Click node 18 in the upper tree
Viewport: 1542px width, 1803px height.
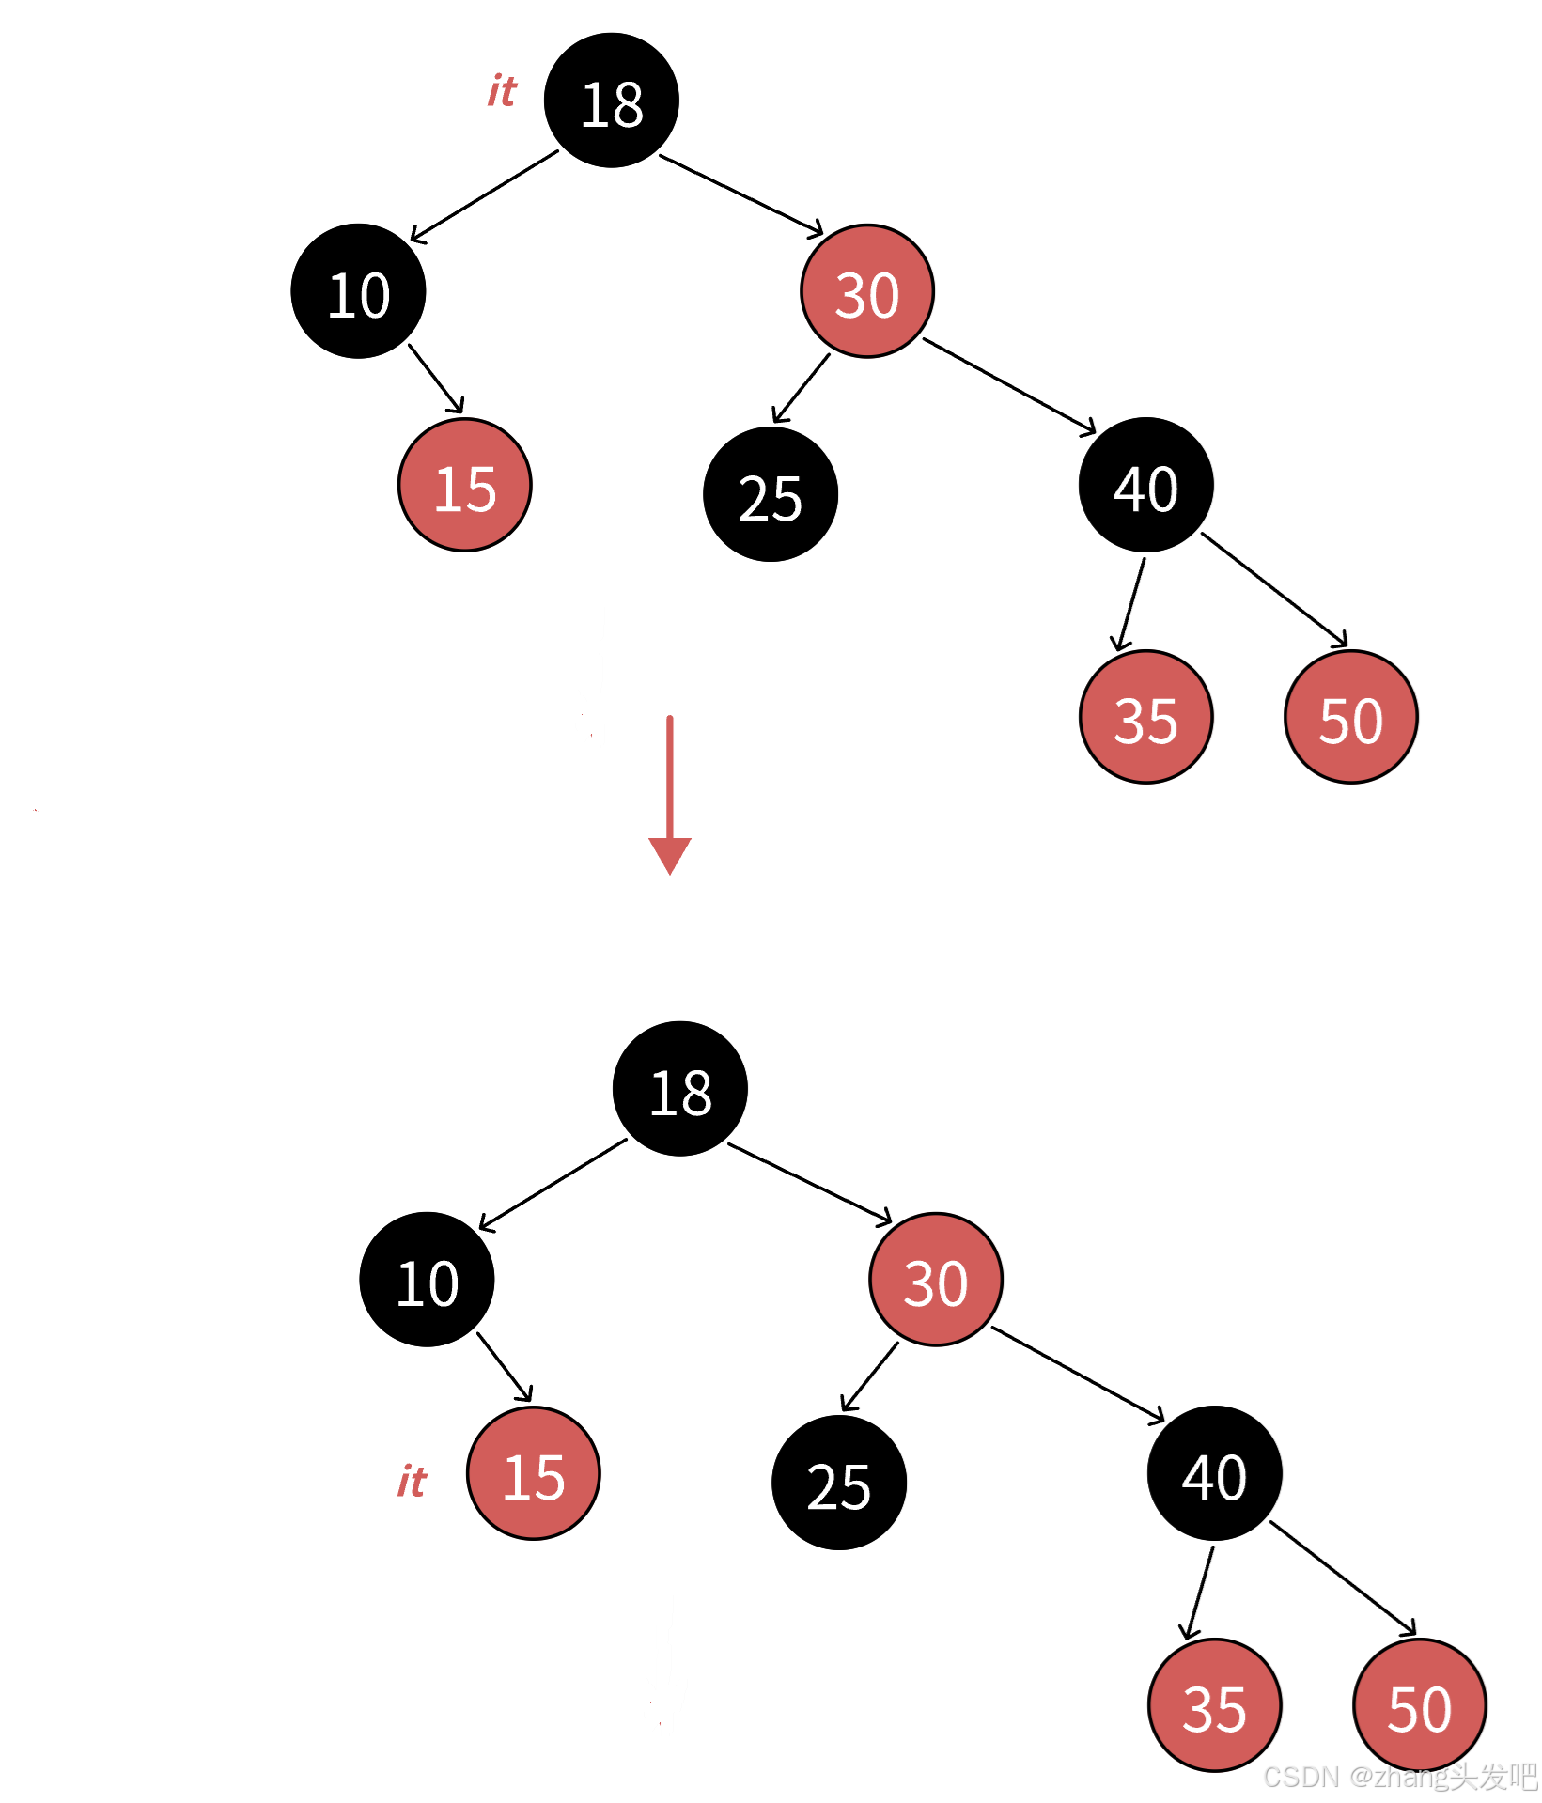[611, 101]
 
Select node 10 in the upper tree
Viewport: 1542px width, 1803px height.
[358, 291]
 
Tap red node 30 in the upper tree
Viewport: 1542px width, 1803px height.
[867, 291]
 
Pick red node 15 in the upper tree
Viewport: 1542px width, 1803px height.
[465, 485]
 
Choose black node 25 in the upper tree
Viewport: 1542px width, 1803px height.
[771, 494]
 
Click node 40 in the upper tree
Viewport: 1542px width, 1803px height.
[1145, 485]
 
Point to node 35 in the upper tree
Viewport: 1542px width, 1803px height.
[1145, 717]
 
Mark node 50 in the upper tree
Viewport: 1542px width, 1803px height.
[1350, 717]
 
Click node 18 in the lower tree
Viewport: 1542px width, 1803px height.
[679, 1089]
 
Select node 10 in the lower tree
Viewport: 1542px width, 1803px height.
[427, 1280]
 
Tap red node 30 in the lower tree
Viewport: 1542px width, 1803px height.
[936, 1280]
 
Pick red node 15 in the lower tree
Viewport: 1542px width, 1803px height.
[534, 1473]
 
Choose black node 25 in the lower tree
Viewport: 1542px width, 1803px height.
[839, 1483]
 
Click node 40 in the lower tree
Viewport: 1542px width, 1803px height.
[1214, 1473]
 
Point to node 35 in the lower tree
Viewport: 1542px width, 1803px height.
[1214, 1705]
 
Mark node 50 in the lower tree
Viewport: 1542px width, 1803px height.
[1419, 1705]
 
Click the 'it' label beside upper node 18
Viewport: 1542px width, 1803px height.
[502, 91]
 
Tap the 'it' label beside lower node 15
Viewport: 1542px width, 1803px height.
[412, 1482]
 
